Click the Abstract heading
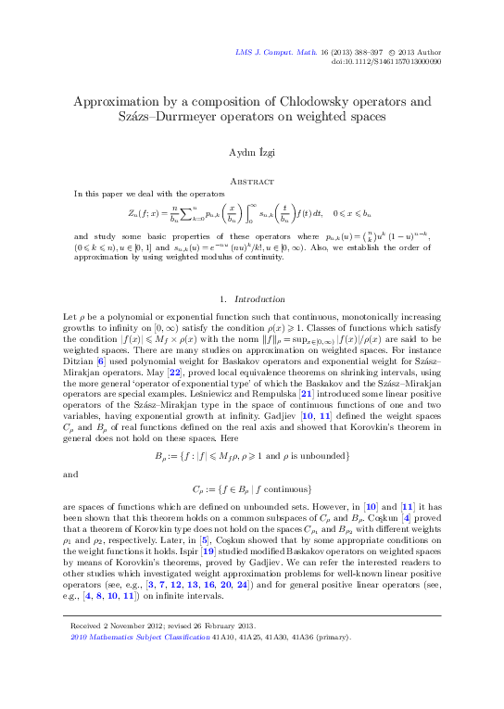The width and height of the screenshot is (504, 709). point(251,182)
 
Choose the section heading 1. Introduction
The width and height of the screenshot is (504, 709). point(251,273)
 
